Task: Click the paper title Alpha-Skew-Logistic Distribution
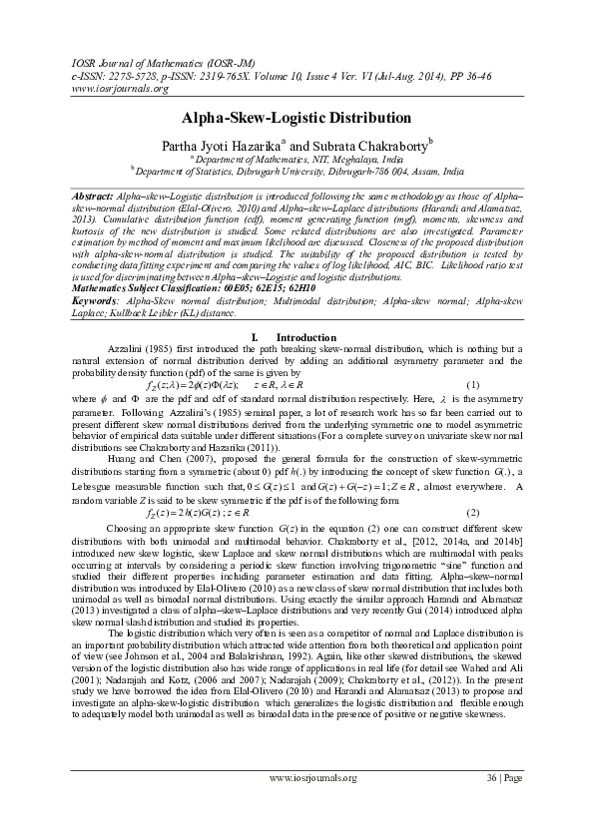(297, 118)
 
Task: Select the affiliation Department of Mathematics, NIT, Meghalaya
(298, 159)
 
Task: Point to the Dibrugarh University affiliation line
(298, 171)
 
